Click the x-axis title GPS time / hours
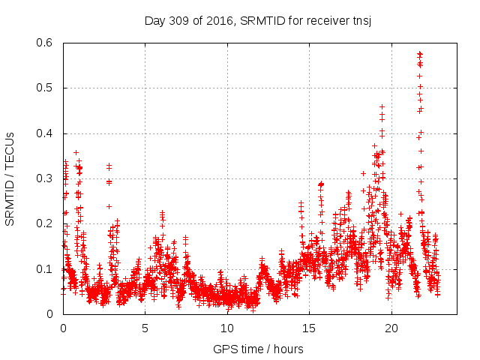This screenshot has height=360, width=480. pyautogui.click(x=259, y=349)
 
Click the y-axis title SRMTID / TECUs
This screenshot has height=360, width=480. pyautogui.click(x=10, y=178)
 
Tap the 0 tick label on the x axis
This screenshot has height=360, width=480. pyautogui.click(x=63, y=328)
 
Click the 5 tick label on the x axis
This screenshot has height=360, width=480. pyautogui.click(x=145, y=328)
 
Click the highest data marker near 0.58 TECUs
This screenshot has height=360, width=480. pyautogui.click(x=419, y=53)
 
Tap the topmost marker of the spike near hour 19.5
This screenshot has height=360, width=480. pyautogui.click(x=382, y=106)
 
